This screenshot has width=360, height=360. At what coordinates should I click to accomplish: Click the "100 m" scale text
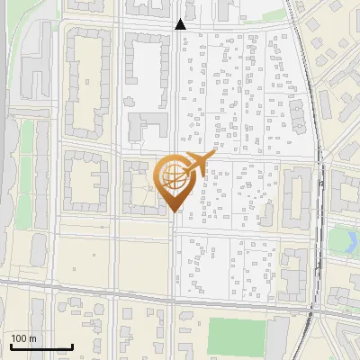(23, 338)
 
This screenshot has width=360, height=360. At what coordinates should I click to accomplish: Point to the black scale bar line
(40, 346)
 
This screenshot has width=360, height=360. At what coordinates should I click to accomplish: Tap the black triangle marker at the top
(180, 24)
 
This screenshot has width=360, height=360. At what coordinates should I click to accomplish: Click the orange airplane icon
(196, 164)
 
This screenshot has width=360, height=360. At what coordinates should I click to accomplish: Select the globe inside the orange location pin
(171, 176)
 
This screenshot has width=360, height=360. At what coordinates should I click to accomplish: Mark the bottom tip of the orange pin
(175, 211)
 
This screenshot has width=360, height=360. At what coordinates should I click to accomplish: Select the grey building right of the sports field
(278, 338)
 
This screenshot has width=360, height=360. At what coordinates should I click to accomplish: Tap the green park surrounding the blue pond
(340, 252)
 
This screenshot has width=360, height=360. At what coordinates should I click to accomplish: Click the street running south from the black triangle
(174, 90)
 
